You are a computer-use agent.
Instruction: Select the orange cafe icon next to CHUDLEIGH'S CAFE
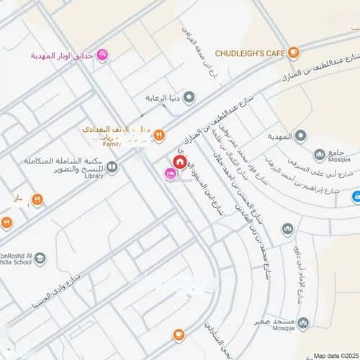click(x=294, y=53)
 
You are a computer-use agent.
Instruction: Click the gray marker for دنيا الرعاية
click(x=190, y=94)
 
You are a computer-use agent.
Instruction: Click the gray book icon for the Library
click(x=112, y=166)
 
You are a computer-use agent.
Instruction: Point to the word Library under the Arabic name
click(x=94, y=176)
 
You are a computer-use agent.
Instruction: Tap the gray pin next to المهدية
click(x=300, y=135)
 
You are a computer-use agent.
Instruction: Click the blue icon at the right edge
click(x=356, y=196)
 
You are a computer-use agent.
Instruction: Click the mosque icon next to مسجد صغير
click(x=303, y=322)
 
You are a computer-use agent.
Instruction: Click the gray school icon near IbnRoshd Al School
click(x=40, y=258)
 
